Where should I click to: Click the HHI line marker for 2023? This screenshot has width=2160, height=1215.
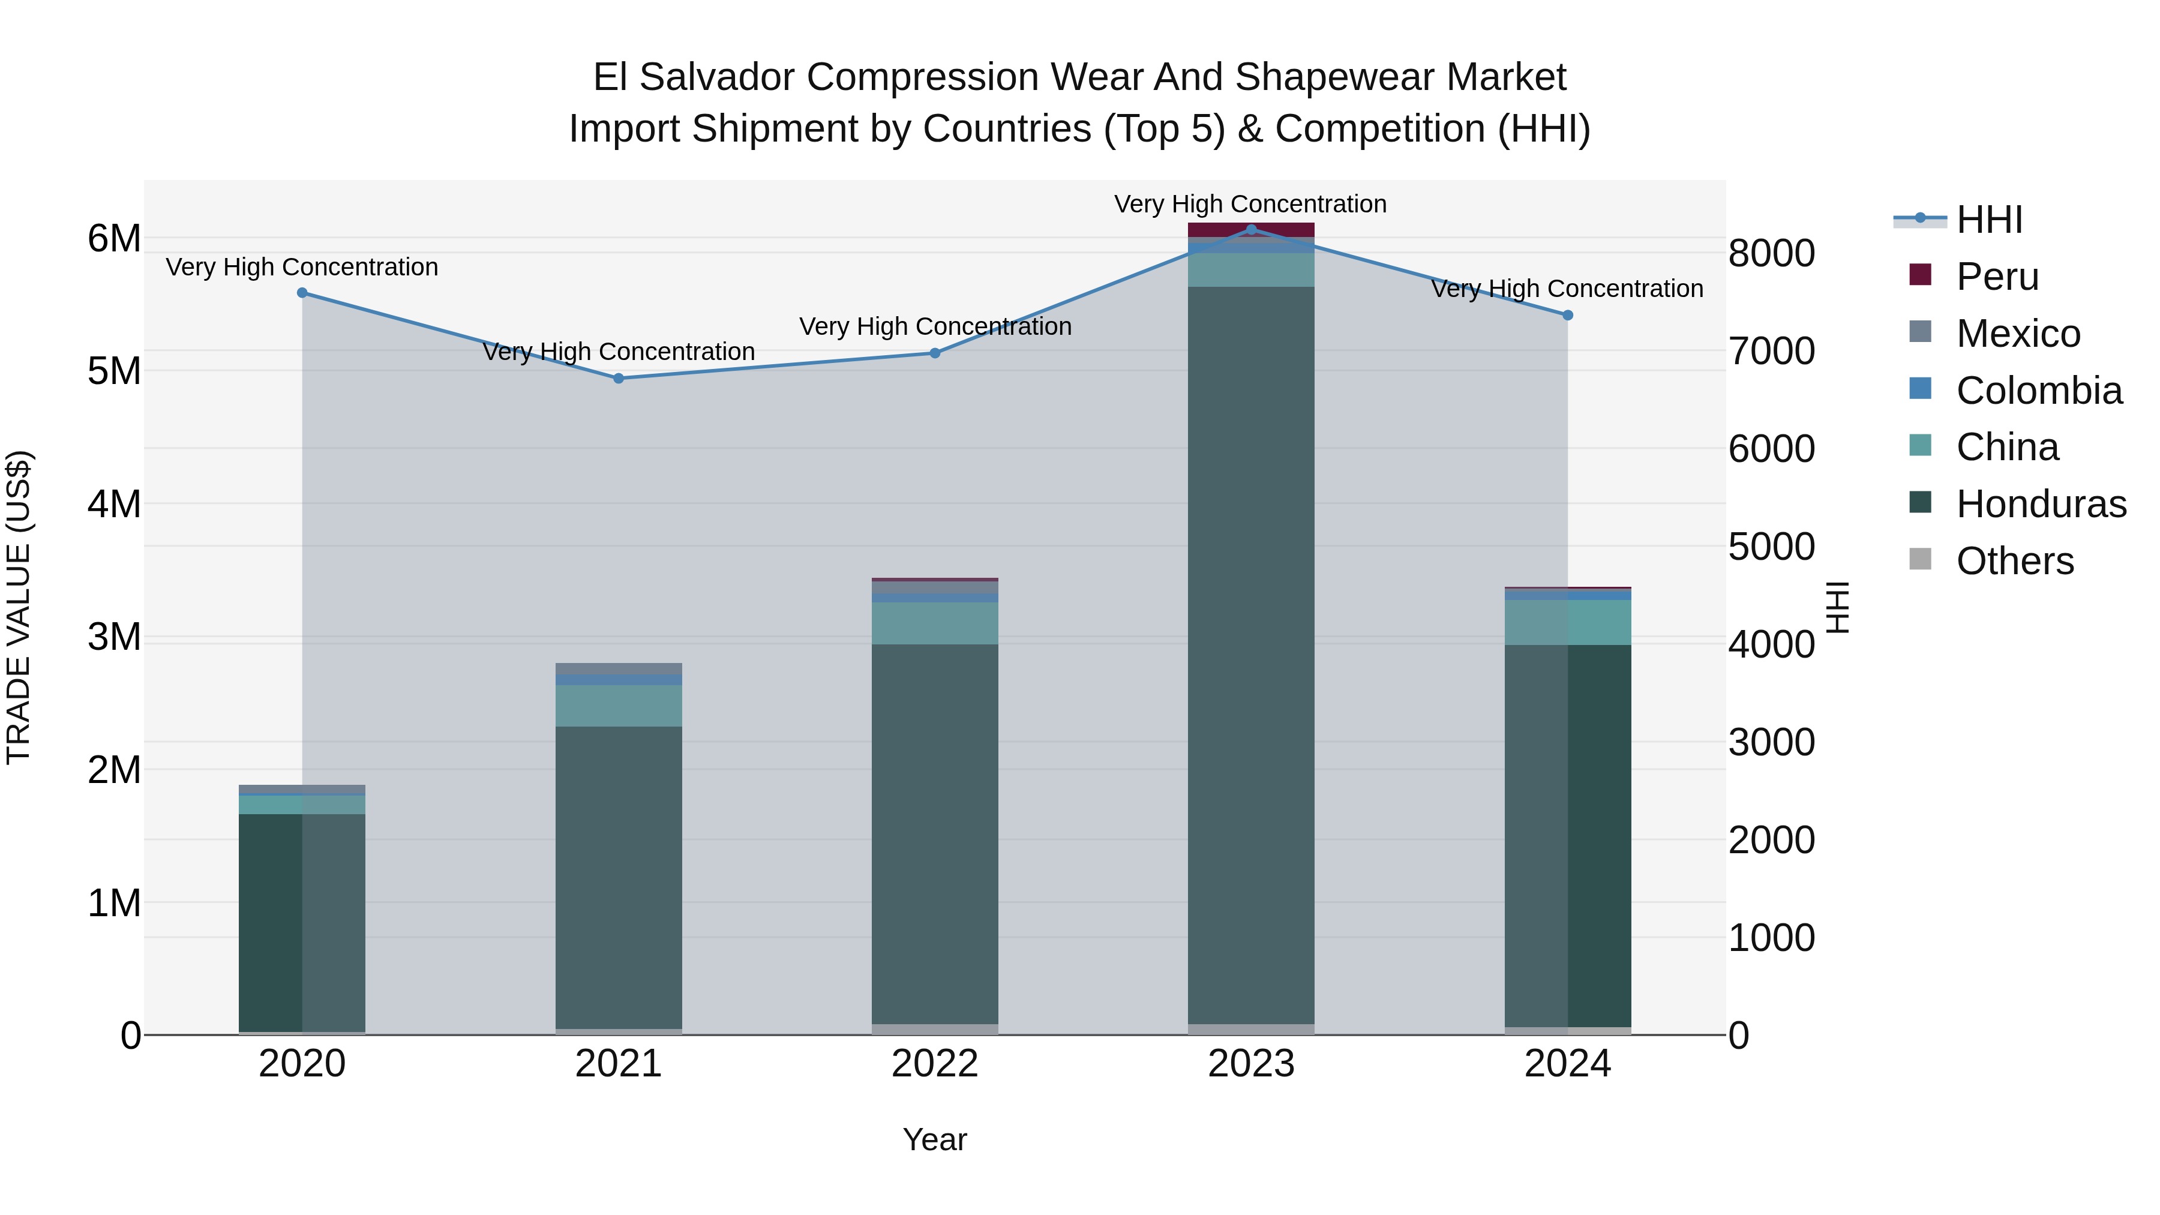pyautogui.click(x=1251, y=229)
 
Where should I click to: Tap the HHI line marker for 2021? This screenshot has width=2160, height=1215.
pyautogui.click(x=619, y=378)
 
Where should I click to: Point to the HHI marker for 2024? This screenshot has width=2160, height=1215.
pyautogui.click(x=1567, y=315)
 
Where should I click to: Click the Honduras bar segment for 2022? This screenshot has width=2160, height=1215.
pyautogui.click(x=935, y=835)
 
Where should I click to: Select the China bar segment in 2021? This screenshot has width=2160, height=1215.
pyautogui.click(x=619, y=706)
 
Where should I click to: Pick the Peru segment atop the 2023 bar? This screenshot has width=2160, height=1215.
pyautogui.click(x=1251, y=230)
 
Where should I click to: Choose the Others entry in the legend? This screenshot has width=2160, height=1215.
pyautogui.click(x=2014, y=561)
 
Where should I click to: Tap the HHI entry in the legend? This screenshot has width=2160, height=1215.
pyautogui.click(x=1989, y=220)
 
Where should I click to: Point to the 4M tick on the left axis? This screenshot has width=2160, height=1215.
pyautogui.click(x=114, y=504)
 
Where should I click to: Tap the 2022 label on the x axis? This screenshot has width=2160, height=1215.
pyautogui.click(x=935, y=1064)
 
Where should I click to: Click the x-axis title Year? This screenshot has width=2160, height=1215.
pyautogui.click(x=935, y=1139)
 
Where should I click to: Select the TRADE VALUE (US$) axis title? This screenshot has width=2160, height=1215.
pyautogui.click(x=19, y=607)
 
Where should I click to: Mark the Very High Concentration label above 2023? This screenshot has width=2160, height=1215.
pyautogui.click(x=1250, y=204)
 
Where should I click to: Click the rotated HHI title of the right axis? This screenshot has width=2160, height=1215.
pyautogui.click(x=1837, y=607)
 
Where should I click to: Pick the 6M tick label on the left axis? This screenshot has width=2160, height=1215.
pyautogui.click(x=114, y=239)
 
